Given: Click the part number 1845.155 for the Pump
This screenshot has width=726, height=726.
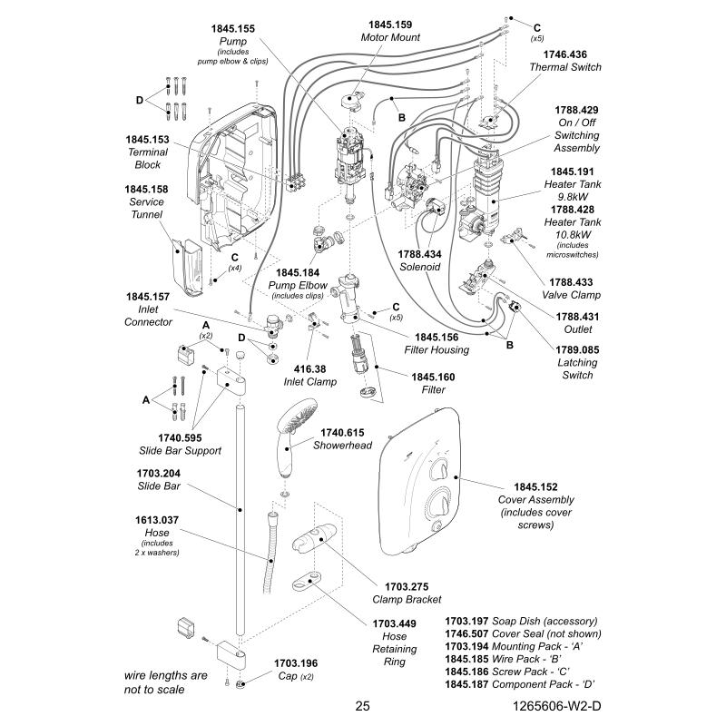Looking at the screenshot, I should [233, 29].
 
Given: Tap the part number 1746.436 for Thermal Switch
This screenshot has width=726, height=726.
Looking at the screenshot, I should [565, 54].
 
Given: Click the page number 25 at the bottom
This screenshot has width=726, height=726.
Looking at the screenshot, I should [362, 706].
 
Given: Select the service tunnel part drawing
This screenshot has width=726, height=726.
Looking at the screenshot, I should [190, 267].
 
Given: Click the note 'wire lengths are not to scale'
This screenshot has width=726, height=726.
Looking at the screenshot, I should [166, 682].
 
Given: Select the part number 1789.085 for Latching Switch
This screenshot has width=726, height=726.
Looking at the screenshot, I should [577, 348].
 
